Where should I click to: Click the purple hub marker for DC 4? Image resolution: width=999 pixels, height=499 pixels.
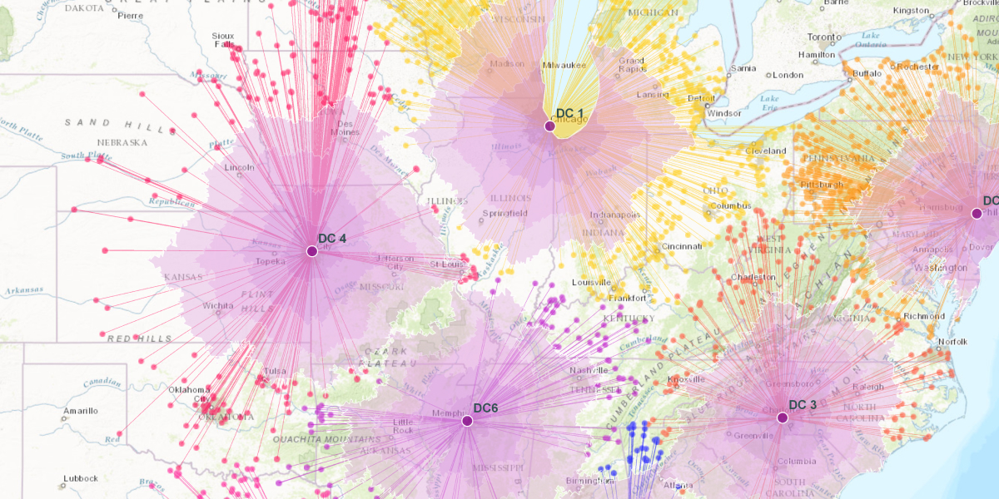coord(312,251)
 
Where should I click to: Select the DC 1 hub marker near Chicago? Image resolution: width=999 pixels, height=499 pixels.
coord(549,126)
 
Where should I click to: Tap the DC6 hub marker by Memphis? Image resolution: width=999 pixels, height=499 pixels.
coord(467,421)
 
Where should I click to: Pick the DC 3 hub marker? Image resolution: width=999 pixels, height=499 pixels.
coord(783,417)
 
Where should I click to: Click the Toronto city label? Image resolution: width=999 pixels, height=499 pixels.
coord(824,37)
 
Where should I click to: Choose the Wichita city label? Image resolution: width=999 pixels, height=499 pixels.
coord(217,305)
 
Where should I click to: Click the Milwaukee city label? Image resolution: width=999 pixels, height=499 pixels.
coord(564,65)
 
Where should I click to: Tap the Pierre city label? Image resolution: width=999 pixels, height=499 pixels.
coord(131,15)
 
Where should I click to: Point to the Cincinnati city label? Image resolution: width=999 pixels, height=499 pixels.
coord(682,246)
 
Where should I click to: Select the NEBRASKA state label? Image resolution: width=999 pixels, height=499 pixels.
coord(122,142)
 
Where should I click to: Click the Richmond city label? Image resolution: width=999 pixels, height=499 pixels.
coord(924,316)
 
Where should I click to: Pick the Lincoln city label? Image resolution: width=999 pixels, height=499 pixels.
coord(239,167)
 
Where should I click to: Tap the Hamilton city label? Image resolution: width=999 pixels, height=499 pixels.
coord(816,55)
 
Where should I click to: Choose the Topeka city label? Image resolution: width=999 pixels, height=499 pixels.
coord(270,261)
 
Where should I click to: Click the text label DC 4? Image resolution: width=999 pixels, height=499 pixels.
coord(332,239)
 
